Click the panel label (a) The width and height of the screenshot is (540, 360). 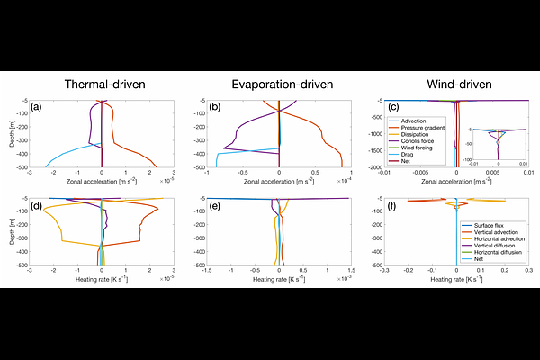(37, 107)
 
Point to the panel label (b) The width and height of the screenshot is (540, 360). (214, 107)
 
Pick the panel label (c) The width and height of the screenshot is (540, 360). (391, 107)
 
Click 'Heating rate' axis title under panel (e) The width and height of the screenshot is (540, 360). (279, 279)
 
